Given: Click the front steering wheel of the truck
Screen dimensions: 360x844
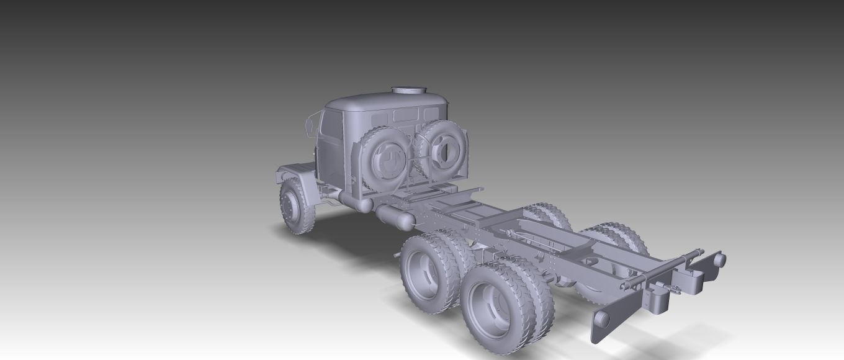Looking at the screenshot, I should point(295,207).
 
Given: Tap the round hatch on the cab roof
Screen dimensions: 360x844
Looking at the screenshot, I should point(409,91).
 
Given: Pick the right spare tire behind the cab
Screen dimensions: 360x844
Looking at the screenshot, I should point(442,149).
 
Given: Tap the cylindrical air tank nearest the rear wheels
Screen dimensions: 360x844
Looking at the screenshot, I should point(395,217).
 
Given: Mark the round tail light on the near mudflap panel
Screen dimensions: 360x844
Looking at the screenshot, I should point(601,318).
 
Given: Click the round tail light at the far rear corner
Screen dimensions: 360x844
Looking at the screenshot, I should point(719,259).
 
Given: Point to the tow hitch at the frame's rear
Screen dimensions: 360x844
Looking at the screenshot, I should point(657,297).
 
